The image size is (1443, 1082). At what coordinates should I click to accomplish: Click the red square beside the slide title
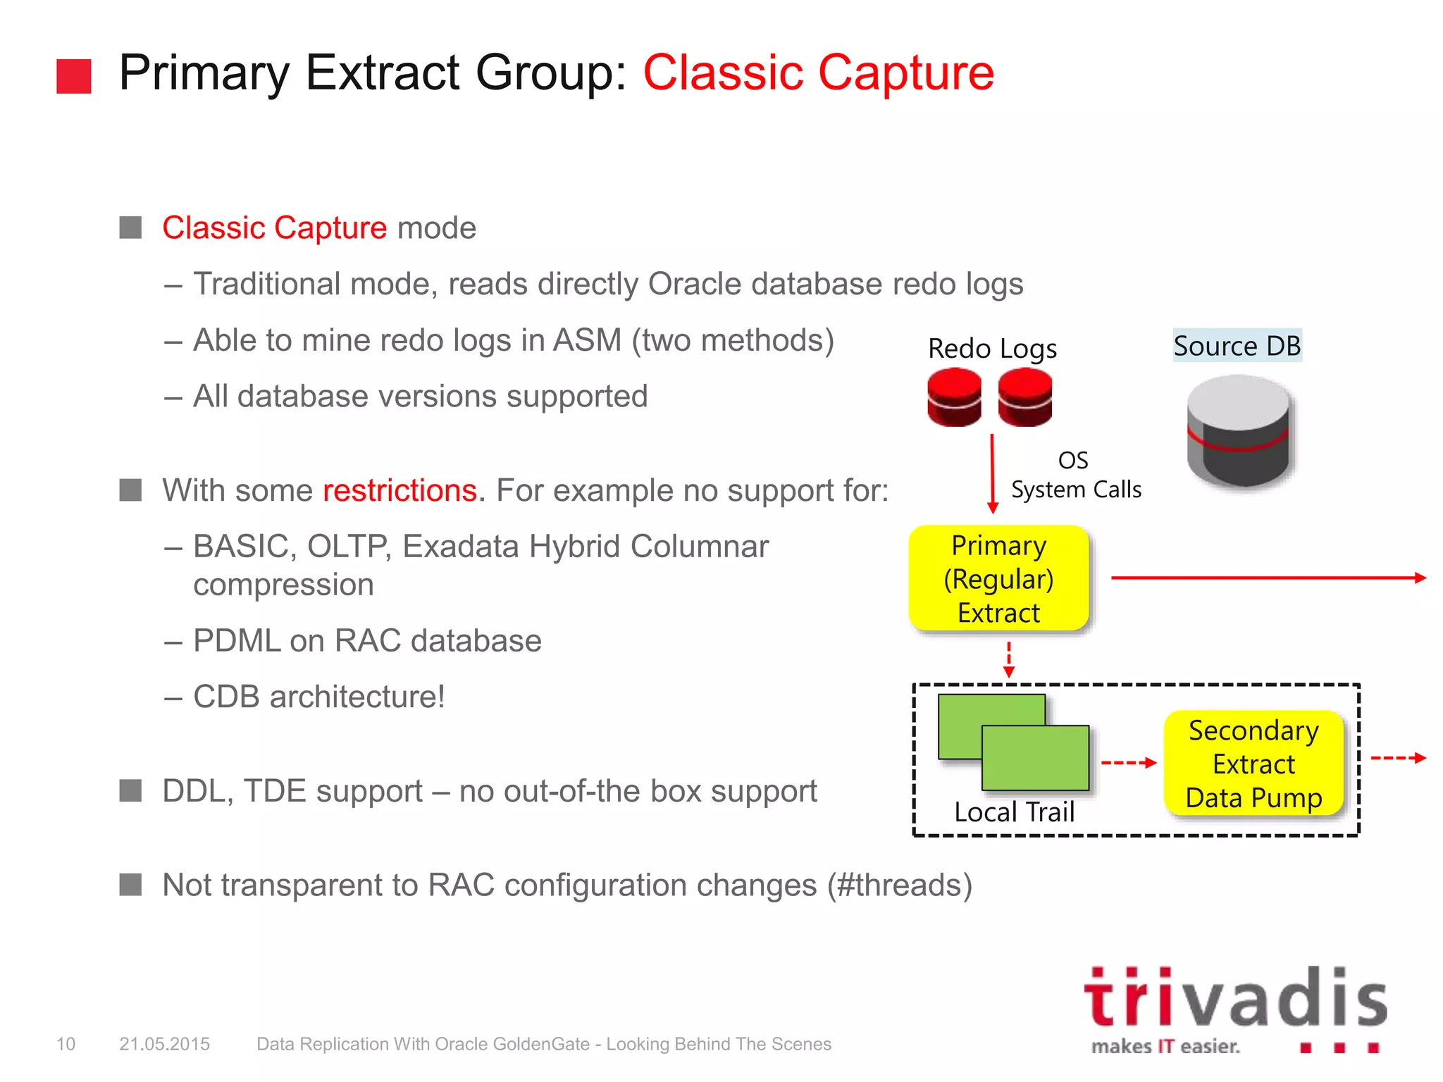pyautogui.click(x=74, y=76)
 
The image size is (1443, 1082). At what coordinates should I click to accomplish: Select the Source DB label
pyautogui.click(x=1237, y=346)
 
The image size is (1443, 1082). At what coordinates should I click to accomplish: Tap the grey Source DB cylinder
pyautogui.click(x=1238, y=431)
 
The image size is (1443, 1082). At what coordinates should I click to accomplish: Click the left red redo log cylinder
pyautogui.click(x=954, y=398)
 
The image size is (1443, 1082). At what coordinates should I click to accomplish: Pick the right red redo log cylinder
pyautogui.click(x=1024, y=398)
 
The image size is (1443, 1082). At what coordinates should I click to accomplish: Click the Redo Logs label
pyautogui.click(x=992, y=349)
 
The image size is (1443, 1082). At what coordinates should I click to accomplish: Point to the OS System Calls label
pyautogui.click(x=1075, y=475)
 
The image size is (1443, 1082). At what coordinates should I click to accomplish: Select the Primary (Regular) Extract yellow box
pyautogui.click(x=998, y=578)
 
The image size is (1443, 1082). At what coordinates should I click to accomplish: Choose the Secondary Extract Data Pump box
pyautogui.click(x=1253, y=764)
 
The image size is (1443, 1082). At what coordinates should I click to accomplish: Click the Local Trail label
pyautogui.click(x=1014, y=812)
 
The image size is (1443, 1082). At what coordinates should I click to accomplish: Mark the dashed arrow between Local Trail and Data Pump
pyautogui.click(x=1128, y=762)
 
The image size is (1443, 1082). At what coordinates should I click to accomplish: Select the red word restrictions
pyautogui.click(x=400, y=490)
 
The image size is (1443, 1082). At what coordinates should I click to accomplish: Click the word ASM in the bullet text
pyautogui.click(x=588, y=340)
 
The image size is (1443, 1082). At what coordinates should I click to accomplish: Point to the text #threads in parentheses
pyautogui.click(x=899, y=885)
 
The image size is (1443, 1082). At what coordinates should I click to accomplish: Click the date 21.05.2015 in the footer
pyautogui.click(x=164, y=1044)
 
